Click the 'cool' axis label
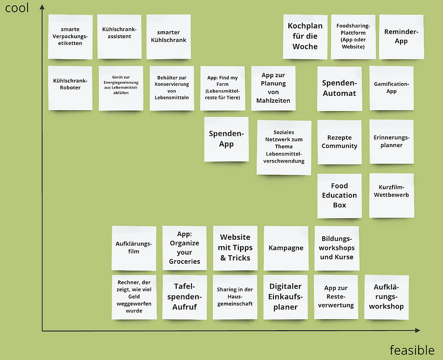(x=17, y=8)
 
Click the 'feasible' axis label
(x=412, y=350)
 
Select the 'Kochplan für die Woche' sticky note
(x=305, y=37)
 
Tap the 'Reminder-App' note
(x=401, y=37)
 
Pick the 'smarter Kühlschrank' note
(x=169, y=37)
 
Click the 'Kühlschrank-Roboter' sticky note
(x=70, y=88)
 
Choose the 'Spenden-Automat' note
(x=339, y=89)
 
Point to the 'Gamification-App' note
(x=391, y=88)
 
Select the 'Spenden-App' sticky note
(x=226, y=139)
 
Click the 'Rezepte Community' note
(x=339, y=142)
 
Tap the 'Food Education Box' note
(x=339, y=196)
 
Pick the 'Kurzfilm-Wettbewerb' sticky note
(x=391, y=195)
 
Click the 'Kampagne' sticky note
(x=286, y=248)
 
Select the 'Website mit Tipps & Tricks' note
(x=235, y=248)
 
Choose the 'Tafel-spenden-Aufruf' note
(x=184, y=297)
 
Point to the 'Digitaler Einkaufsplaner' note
(x=285, y=297)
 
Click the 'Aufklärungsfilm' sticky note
(x=134, y=248)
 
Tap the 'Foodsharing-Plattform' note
(x=353, y=37)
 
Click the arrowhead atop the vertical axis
(x=42, y=6)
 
